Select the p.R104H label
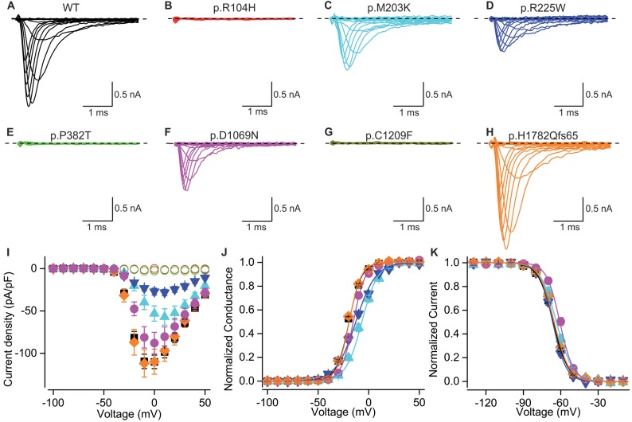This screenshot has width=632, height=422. (x=206, y=8)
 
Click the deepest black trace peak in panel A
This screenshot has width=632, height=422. (x=29, y=105)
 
